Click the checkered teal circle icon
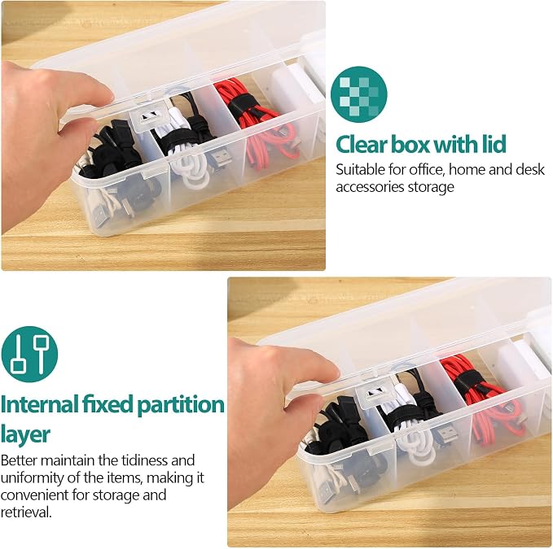[358, 94]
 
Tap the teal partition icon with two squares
[29, 354]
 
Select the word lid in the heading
[494, 144]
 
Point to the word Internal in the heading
[39, 404]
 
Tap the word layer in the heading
[25, 434]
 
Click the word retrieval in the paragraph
[26, 512]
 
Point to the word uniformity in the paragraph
[34, 478]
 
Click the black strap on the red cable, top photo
[243, 103]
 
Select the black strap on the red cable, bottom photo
[469, 381]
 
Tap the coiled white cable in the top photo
[187, 161]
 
